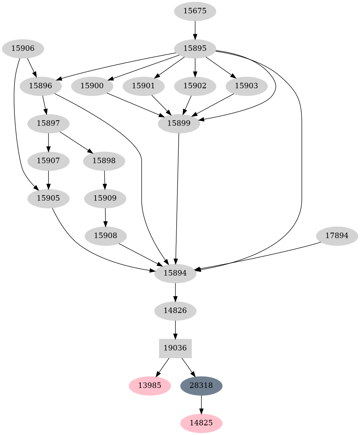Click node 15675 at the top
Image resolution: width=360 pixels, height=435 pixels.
[195, 11]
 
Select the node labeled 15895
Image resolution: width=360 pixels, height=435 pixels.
[195, 49]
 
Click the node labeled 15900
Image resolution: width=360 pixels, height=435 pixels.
[92, 86]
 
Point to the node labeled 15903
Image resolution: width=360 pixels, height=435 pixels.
[247, 86]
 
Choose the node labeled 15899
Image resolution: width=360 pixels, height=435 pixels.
[179, 123]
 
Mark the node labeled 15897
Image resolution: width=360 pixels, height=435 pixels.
[48, 123]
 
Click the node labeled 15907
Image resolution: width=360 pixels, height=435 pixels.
[48, 161]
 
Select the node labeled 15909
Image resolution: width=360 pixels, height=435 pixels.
[105, 198]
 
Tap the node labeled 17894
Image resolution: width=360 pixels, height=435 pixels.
[337, 236]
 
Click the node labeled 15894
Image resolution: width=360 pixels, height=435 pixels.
[175, 273]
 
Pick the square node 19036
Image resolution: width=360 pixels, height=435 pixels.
[175, 348]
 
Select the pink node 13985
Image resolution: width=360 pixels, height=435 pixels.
[150, 385]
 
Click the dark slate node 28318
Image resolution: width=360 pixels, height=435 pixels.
[201, 385]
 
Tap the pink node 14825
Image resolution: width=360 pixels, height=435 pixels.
[201, 423]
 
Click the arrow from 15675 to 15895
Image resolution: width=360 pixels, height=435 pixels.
[195, 30]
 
